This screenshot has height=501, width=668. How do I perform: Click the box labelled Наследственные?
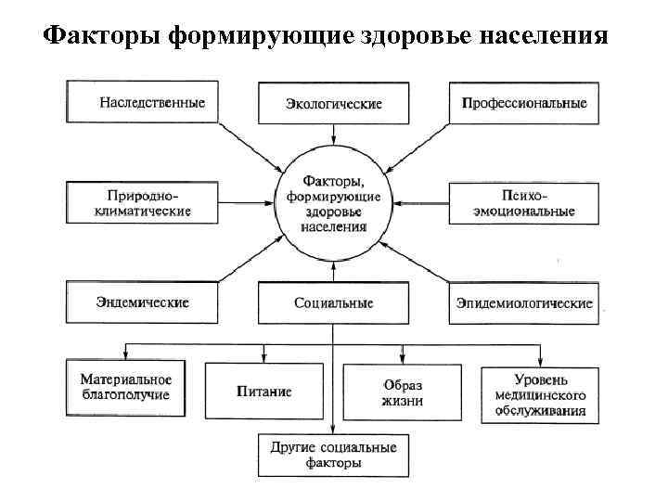(141, 101)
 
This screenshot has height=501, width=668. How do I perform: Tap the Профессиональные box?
(524, 103)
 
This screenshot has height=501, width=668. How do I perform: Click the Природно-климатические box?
(141, 203)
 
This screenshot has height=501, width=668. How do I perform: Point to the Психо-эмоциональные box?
(524, 203)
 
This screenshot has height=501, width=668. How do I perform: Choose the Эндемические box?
(141, 302)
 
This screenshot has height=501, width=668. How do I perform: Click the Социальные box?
(333, 302)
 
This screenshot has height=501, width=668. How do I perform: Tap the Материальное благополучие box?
(125, 387)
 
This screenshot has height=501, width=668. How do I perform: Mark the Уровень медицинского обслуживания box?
(540, 393)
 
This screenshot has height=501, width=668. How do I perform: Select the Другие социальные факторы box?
(333, 455)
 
